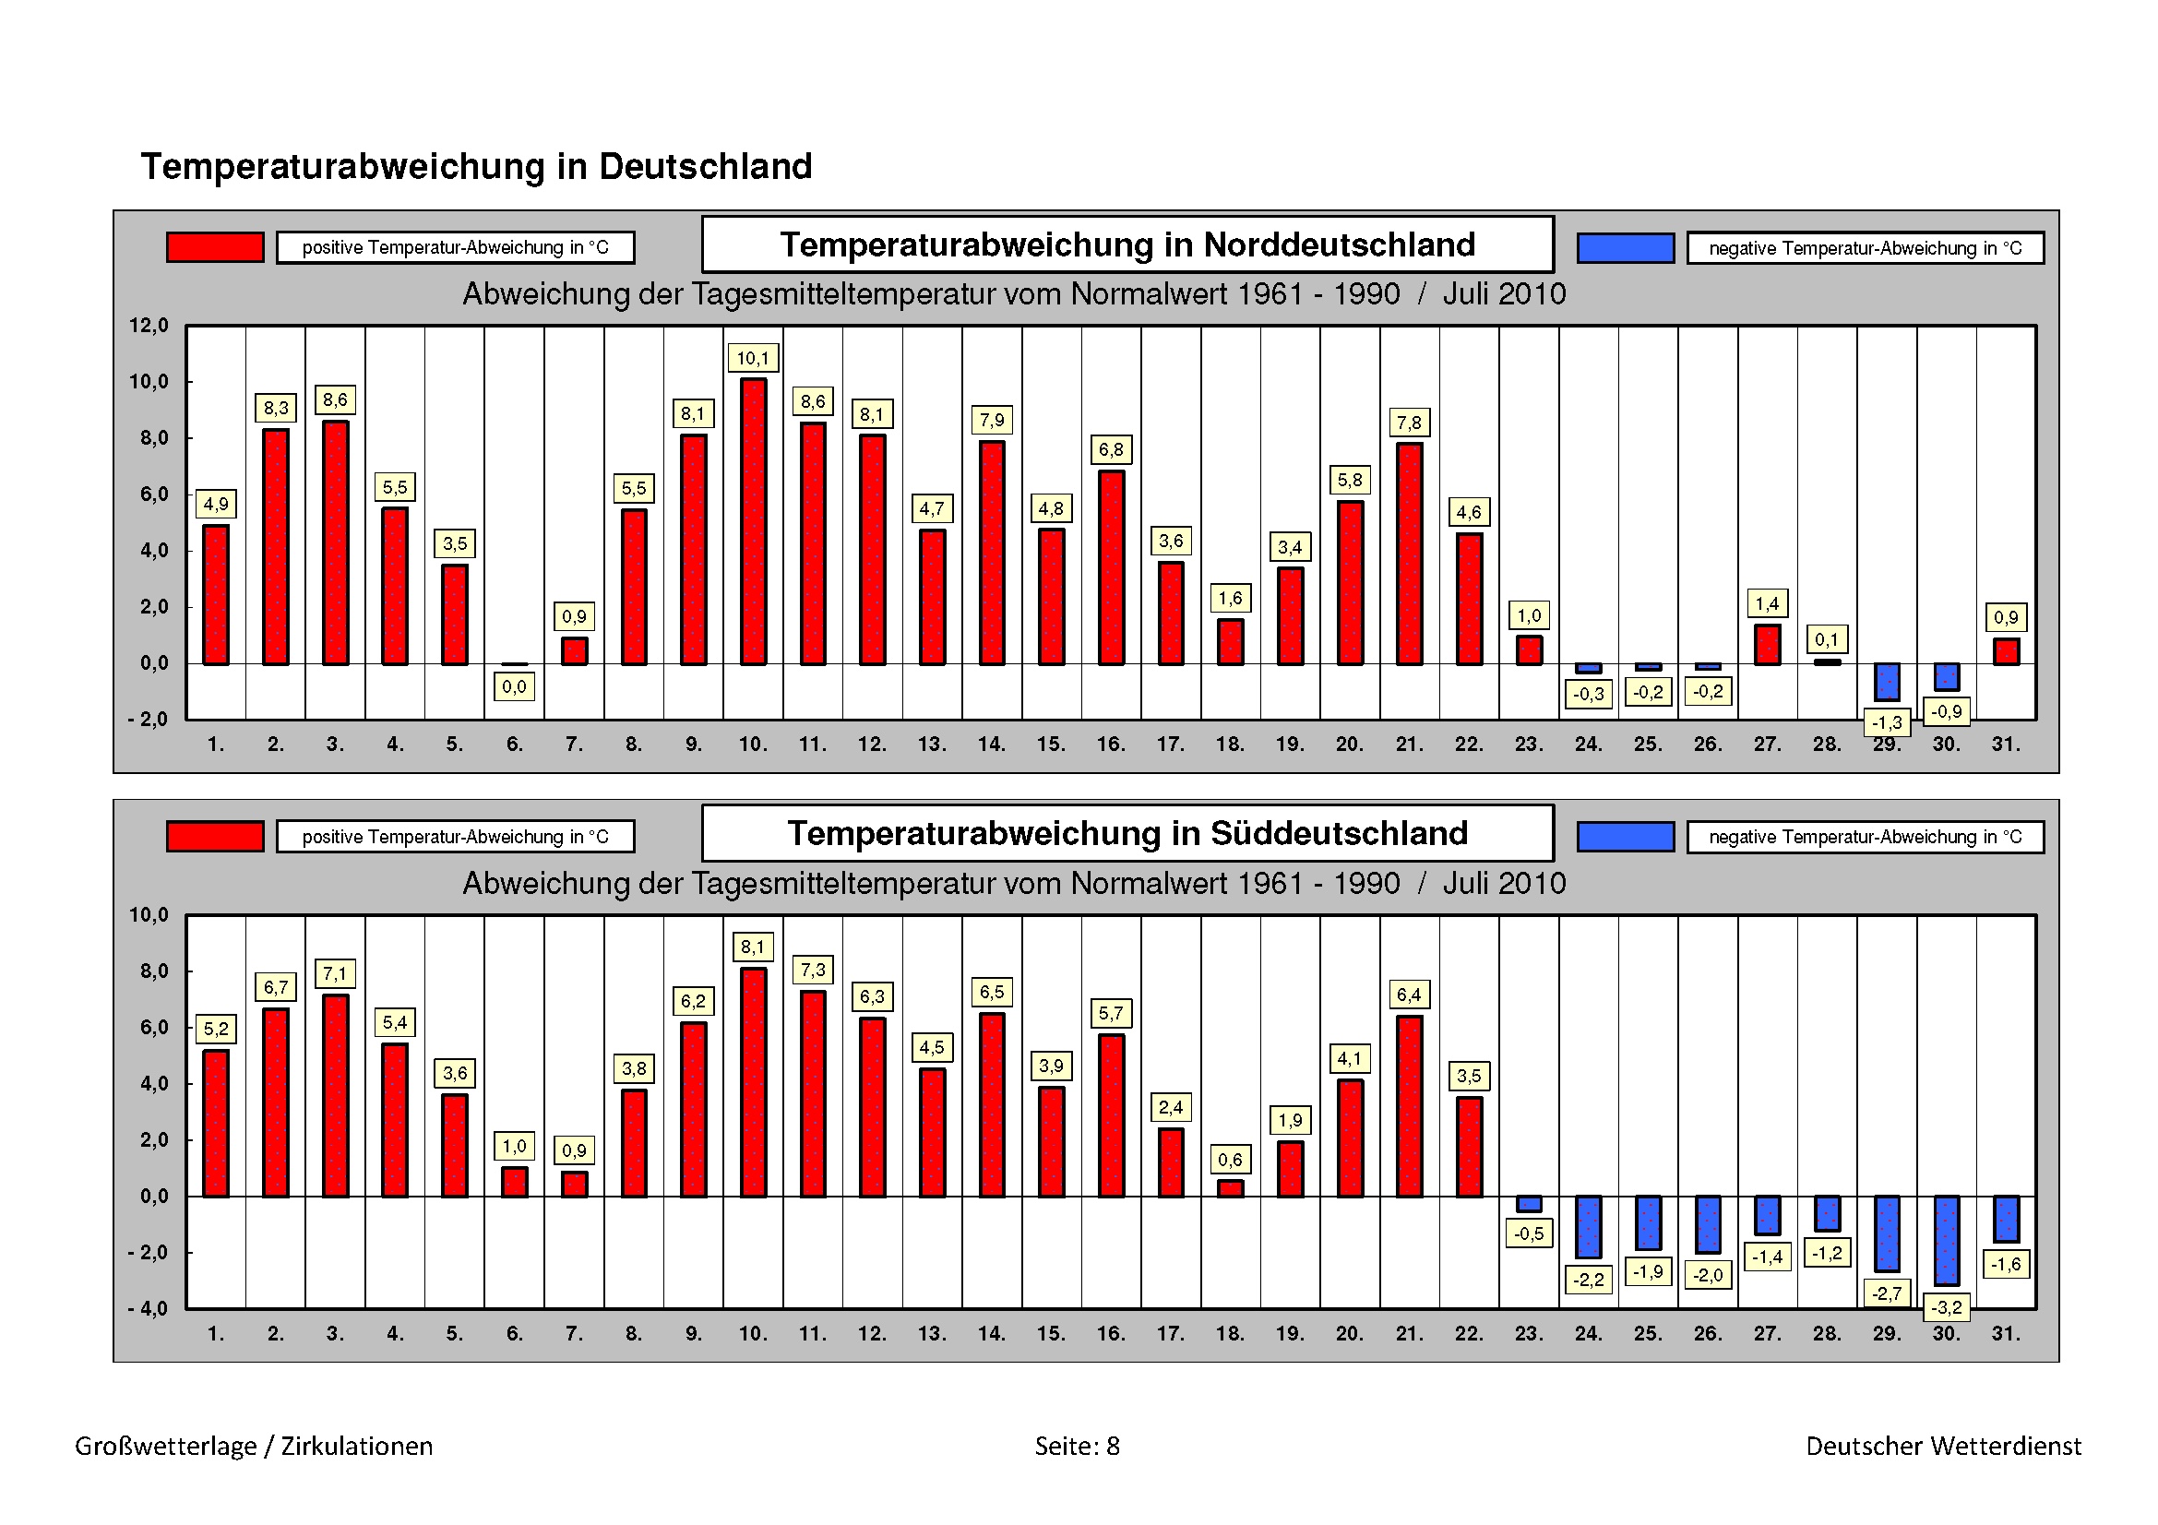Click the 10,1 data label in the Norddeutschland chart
(753, 358)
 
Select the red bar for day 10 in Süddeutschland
(753, 1081)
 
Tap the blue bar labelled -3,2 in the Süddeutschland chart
(1947, 1240)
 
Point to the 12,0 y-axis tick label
(149, 326)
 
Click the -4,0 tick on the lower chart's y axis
(149, 1309)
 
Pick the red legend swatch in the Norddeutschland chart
(215, 247)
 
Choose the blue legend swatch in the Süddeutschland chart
(1625, 836)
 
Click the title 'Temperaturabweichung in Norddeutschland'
(1127, 245)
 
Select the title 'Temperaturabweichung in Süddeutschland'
(1127, 833)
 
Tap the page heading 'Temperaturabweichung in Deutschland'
(476, 166)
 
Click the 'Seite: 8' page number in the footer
(1077, 1445)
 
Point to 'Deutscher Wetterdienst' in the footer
(1943, 1445)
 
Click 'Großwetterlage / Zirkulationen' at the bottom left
(254, 1445)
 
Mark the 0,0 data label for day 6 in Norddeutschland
(514, 687)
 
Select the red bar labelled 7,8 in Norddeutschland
(1409, 554)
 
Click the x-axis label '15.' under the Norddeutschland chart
(1051, 745)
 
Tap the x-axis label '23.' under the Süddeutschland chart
(1528, 1333)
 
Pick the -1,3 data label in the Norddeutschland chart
(1887, 722)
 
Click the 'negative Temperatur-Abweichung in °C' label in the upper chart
(1865, 248)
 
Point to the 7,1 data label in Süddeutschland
(335, 973)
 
